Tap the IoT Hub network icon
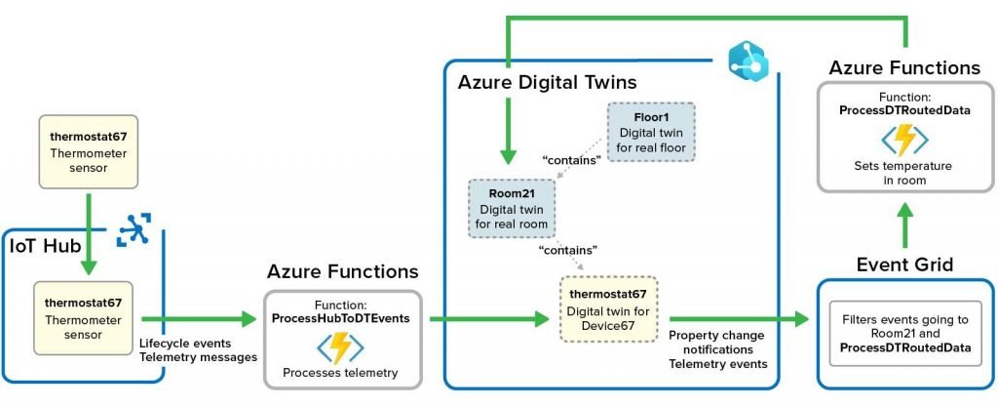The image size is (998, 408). (x=134, y=229)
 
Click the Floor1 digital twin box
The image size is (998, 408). (x=650, y=132)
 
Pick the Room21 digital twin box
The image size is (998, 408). (x=512, y=209)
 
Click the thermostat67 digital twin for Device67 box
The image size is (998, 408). (x=608, y=308)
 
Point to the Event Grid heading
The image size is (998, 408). (x=904, y=265)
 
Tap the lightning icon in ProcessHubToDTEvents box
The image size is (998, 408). (x=340, y=348)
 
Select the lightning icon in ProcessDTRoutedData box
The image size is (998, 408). (x=904, y=141)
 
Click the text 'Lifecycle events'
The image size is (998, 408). (x=185, y=344)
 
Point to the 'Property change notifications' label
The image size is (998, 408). (x=716, y=343)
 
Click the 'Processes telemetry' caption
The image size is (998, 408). (x=340, y=373)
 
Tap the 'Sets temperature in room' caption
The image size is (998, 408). (x=903, y=173)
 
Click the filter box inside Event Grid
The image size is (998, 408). (x=905, y=334)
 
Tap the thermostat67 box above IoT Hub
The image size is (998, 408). (x=89, y=151)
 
